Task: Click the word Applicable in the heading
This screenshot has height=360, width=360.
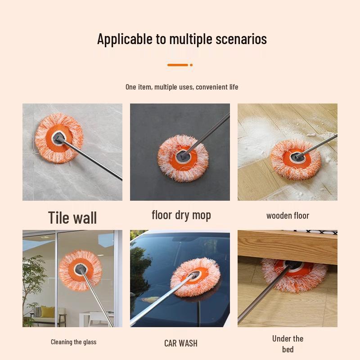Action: tap(125, 39)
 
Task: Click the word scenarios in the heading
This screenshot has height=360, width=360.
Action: tap(240, 39)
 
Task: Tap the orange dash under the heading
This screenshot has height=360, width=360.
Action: tap(177, 65)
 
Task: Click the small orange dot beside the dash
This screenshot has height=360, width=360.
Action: tap(191, 65)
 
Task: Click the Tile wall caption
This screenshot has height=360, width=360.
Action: tap(72, 218)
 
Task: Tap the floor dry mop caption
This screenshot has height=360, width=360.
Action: tap(181, 215)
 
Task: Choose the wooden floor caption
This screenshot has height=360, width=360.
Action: tap(288, 216)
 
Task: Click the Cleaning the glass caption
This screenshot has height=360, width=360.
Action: tap(73, 342)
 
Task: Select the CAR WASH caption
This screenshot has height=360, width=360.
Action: tap(180, 343)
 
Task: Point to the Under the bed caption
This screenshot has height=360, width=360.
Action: tap(288, 344)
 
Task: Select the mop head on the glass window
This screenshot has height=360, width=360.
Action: tap(81, 270)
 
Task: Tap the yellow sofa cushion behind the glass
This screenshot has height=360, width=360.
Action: tap(47, 311)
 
